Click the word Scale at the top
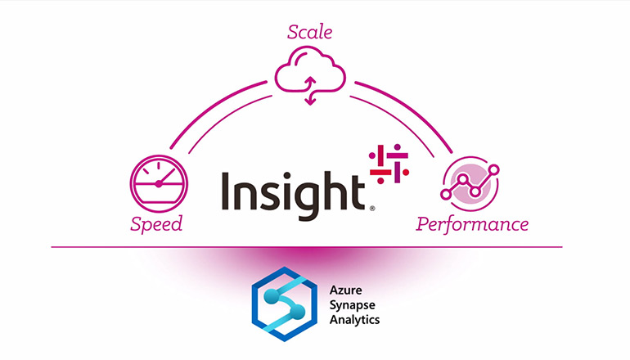310,34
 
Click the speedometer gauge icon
160,185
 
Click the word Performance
471,223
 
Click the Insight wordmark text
291,192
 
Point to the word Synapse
353,304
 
